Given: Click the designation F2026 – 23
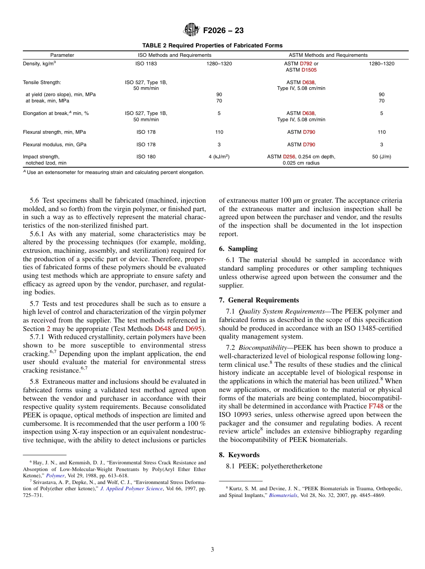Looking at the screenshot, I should [x=223, y=31].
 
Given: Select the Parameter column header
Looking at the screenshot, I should [x=62, y=55].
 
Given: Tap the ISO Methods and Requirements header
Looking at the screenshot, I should [x=174, y=55].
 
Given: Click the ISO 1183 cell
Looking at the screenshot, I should [x=146, y=64].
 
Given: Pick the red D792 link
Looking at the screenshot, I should [x=306, y=64].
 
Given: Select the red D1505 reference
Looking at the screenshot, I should [x=309, y=70].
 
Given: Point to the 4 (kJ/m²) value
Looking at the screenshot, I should [x=219, y=157].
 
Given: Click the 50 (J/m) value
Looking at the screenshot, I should [x=381, y=157].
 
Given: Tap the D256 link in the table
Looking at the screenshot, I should [x=289, y=157].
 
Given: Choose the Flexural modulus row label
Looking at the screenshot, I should [x=55, y=144].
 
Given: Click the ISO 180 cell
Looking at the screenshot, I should [x=146, y=157].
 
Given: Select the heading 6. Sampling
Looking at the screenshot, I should [x=238, y=249].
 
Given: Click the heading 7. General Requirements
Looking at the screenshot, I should [x=259, y=300].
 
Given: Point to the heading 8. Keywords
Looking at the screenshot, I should [x=239, y=455].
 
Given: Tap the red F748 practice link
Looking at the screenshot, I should [x=376, y=406].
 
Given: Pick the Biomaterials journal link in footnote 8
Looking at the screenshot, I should [x=283, y=495].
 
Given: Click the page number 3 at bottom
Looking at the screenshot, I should [x=212, y=550].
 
